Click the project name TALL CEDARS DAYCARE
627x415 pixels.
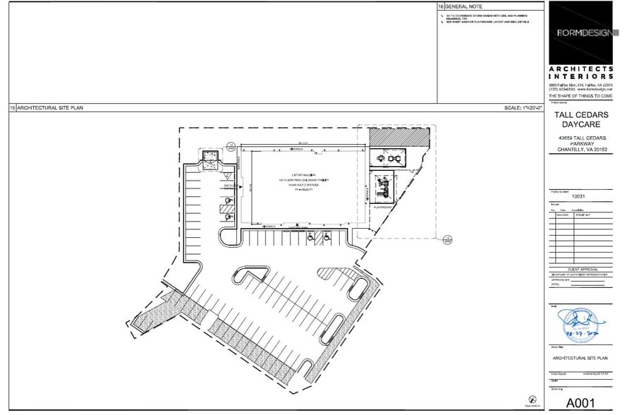tap(583, 121)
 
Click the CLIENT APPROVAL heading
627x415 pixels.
tap(583, 270)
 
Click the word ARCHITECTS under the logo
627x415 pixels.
tap(583, 68)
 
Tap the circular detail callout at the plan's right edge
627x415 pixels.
tap(447, 241)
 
